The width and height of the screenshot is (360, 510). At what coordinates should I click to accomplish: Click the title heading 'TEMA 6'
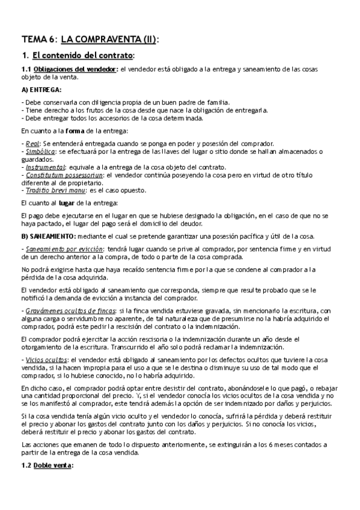(x=38, y=40)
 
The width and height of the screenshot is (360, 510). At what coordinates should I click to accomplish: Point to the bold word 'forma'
(x=84, y=131)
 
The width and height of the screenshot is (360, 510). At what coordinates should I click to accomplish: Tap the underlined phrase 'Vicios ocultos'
(x=45, y=360)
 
